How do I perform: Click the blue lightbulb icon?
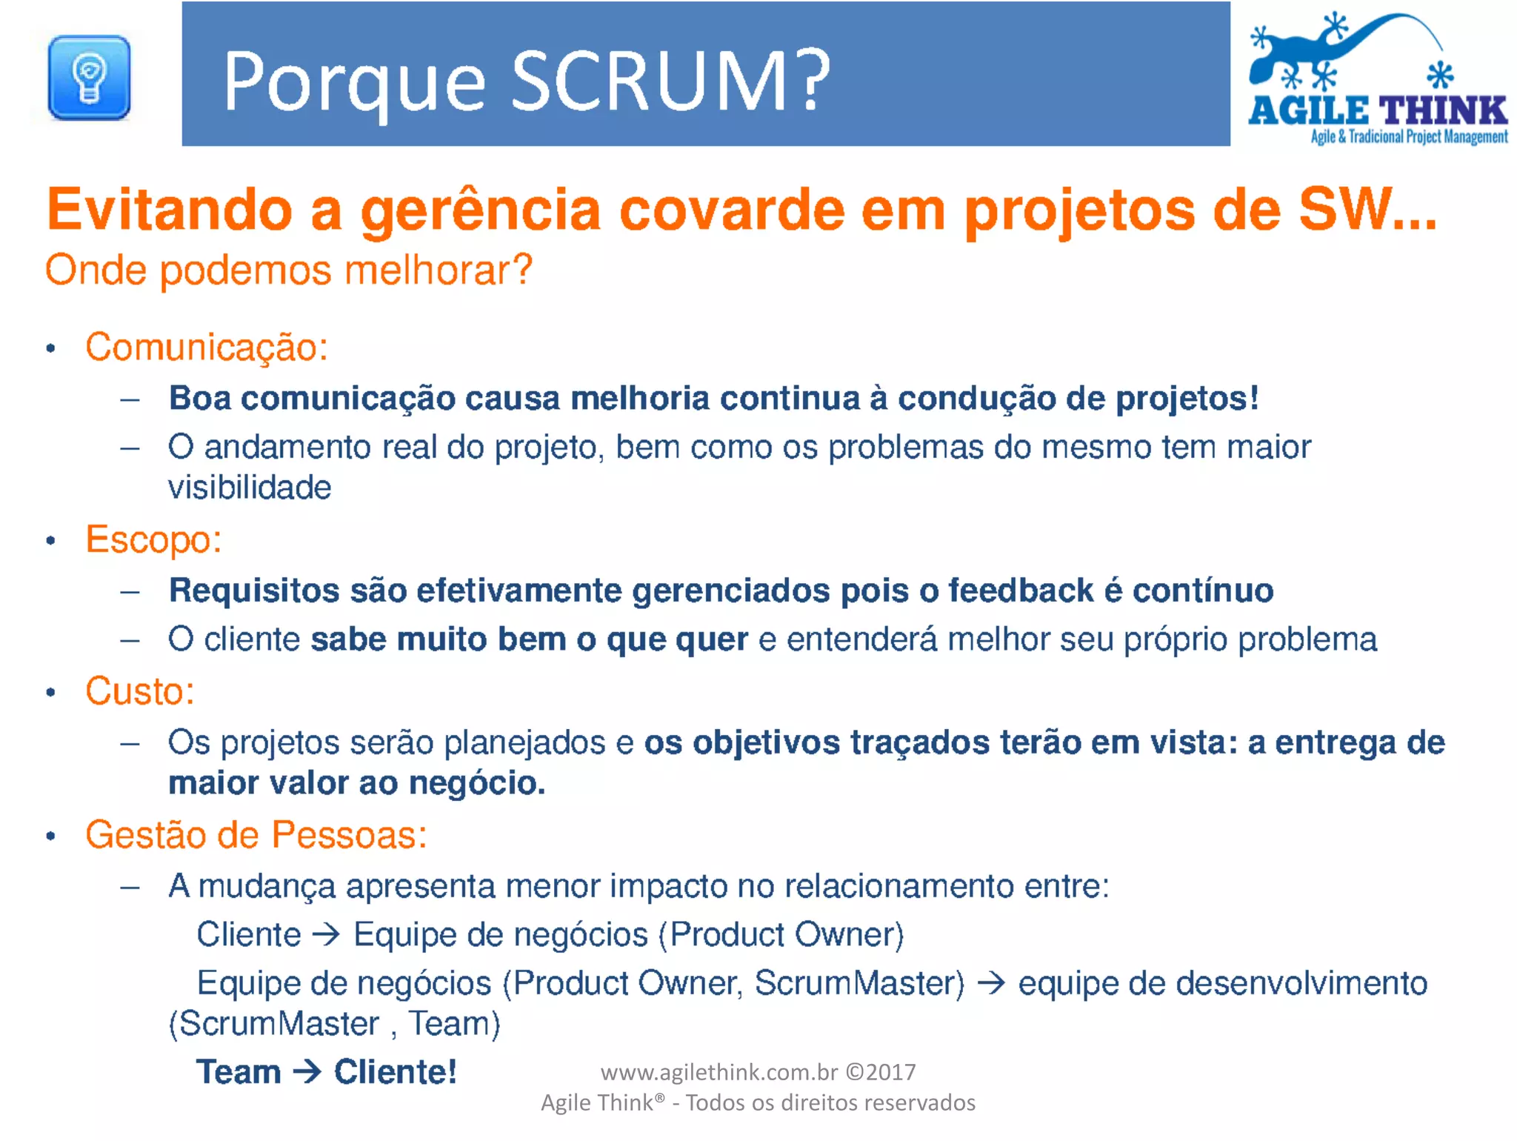tap(89, 78)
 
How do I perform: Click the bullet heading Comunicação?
tap(207, 347)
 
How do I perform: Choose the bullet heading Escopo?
tap(153, 539)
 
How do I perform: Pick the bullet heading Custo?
tap(140, 691)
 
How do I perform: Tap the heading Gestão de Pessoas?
tap(256, 835)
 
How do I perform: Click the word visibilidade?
tap(250, 488)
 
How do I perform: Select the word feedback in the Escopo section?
tap(1021, 591)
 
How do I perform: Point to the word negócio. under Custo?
tap(477, 783)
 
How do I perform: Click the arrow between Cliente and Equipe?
tap(326, 934)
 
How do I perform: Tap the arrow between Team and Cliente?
tap(307, 1071)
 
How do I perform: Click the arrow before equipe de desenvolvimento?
tap(991, 983)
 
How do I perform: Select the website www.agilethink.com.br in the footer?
tap(719, 1072)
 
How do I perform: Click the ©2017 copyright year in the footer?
tap(881, 1072)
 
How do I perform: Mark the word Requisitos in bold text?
tap(254, 591)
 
